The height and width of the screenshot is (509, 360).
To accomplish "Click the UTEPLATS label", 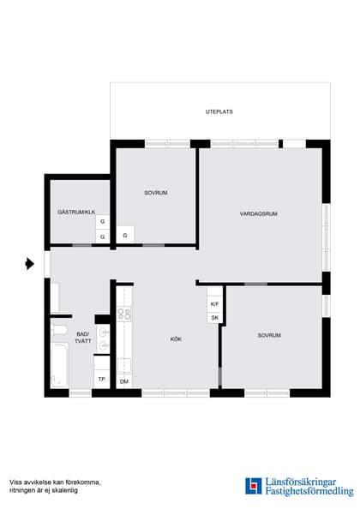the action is pyautogui.click(x=219, y=111).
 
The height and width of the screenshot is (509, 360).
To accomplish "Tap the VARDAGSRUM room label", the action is pyautogui.click(x=258, y=213).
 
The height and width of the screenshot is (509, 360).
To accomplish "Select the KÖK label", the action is pyautogui.click(x=176, y=338).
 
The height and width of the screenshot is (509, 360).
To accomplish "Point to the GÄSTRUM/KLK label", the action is pyautogui.click(x=76, y=212).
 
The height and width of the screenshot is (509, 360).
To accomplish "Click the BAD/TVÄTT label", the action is pyautogui.click(x=83, y=338).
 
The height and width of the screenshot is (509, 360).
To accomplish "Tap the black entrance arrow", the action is pyautogui.click(x=29, y=264).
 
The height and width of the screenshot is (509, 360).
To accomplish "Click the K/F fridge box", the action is pyautogui.click(x=214, y=304).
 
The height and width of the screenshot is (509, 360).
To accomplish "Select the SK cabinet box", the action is pyautogui.click(x=214, y=317).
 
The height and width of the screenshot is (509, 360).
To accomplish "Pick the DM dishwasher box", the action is pyautogui.click(x=124, y=381).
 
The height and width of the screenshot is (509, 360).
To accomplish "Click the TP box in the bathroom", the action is pyautogui.click(x=102, y=379).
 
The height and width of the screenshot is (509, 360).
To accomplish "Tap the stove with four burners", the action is pyautogui.click(x=124, y=314).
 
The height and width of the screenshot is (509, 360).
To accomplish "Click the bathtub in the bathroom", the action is pyautogui.click(x=60, y=366).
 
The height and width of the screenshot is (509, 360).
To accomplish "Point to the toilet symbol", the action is pyautogui.click(x=59, y=329).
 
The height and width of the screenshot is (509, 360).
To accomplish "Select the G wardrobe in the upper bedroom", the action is pyautogui.click(x=125, y=235).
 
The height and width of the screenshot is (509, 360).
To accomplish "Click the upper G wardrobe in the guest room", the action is pyautogui.click(x=102, y=221).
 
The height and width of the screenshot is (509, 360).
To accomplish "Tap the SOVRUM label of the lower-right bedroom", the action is pyautogui.click(x=269, y=335).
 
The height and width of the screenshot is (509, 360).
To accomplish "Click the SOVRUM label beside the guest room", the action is pyautogui.click(x=156, y=193).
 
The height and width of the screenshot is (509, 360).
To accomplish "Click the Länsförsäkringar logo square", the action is pyautogui.click(x=254, y=486).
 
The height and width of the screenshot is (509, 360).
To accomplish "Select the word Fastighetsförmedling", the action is pyautogui.click(x=309, y=491).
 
